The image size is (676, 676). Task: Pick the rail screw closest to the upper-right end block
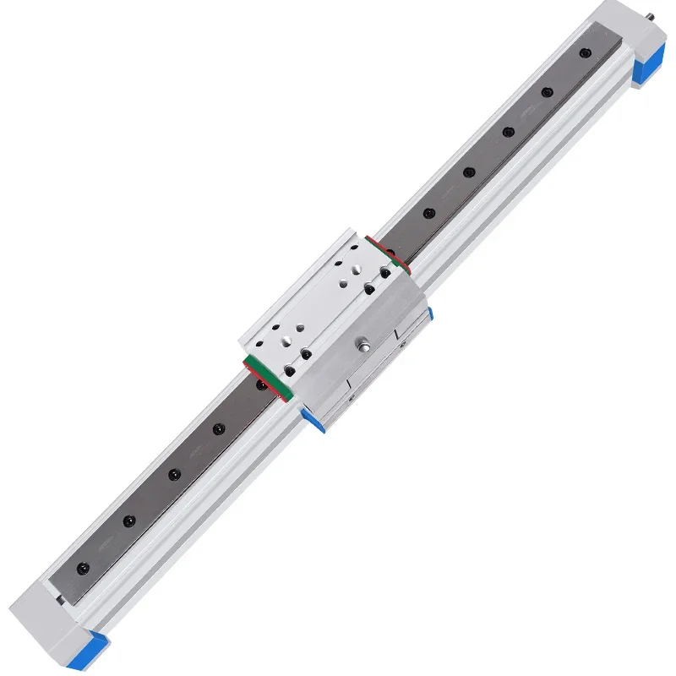tap(584, 53)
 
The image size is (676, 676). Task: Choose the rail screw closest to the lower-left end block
tap(83, 565)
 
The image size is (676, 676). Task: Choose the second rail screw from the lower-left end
tap(128, 521)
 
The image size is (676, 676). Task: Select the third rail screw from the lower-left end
tap(173, 474)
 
